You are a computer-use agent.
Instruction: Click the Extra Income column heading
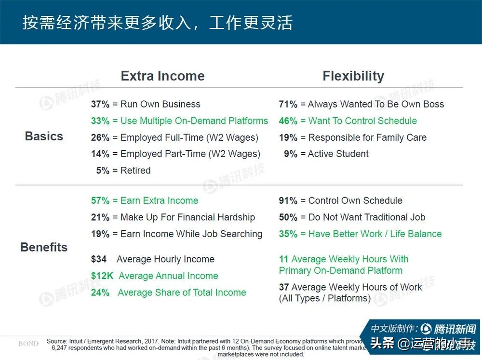pos(162,76)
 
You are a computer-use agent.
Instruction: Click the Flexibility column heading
pos(353,76)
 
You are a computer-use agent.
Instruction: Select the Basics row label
pos(44,136)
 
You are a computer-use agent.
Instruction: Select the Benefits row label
pos(44,247)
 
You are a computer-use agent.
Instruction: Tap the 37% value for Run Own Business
pos(100,104)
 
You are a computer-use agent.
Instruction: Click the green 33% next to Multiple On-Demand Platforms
pos(100,121)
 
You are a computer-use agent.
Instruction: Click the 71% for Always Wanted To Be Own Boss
pos(288,104)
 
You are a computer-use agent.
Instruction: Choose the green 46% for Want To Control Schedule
pos(288,121)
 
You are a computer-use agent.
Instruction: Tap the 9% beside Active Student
pos(291,154)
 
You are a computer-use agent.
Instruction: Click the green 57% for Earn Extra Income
pos(100,201)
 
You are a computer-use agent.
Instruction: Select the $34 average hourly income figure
pos(99,259)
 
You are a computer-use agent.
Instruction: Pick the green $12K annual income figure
pos(101,276)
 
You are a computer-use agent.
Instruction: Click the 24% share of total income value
pos(100,293)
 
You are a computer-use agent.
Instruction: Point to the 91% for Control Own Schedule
pos(288,201)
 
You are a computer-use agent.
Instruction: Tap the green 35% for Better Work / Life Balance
pos(288,234)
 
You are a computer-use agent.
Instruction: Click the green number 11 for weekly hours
pos(283,259)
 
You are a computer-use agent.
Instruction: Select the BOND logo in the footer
pos(28,344)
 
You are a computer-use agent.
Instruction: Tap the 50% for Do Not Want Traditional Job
pos(288,217)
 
